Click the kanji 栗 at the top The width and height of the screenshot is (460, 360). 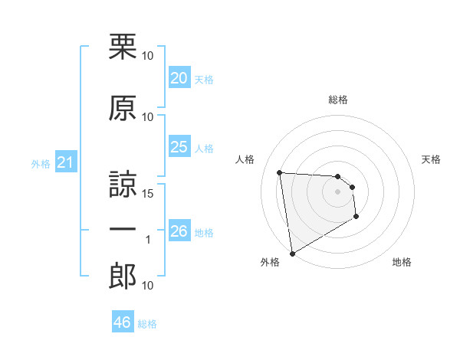123,47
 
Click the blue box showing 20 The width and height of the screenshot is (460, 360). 179,78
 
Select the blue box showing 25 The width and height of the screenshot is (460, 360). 179,147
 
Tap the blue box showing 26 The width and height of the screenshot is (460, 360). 179,231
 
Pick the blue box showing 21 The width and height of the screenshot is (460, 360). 65,162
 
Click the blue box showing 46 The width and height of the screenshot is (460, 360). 122,322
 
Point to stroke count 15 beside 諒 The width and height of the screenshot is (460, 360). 148,193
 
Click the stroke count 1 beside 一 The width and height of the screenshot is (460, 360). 148,240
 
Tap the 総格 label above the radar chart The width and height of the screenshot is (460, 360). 338,100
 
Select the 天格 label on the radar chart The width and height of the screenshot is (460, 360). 432,159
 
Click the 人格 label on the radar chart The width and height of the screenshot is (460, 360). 245,159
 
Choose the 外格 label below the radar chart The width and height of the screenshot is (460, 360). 270,262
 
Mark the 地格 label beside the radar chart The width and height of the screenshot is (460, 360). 402,262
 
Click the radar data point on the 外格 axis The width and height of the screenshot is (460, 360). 292,253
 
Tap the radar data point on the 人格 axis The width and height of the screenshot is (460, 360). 280,172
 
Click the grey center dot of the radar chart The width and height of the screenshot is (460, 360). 338,191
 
